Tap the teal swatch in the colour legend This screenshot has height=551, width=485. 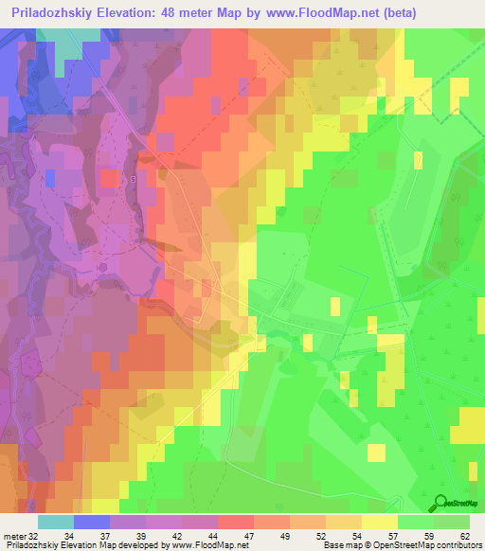(55, 521)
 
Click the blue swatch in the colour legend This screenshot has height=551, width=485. (92, 521)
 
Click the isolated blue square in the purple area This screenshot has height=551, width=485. (49, 177)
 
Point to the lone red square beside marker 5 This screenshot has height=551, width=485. (110, 177)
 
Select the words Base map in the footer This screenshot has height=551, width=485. (336, 545)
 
